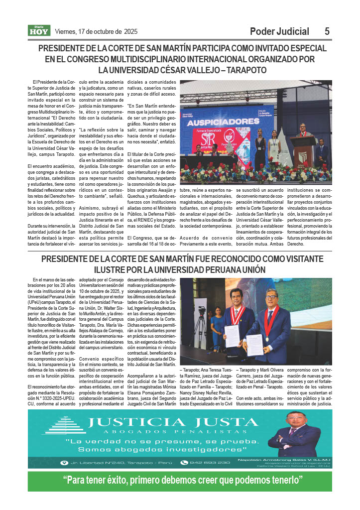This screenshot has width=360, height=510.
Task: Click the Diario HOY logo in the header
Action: (39, 31)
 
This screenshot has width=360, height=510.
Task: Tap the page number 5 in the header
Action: (327, 31)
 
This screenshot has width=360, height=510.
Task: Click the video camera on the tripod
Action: (202, 312)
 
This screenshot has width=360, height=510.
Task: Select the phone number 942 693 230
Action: (212, 462)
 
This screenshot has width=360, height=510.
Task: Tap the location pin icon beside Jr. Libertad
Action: (63, 462)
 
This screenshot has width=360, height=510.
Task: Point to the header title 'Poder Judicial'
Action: (279, 31)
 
